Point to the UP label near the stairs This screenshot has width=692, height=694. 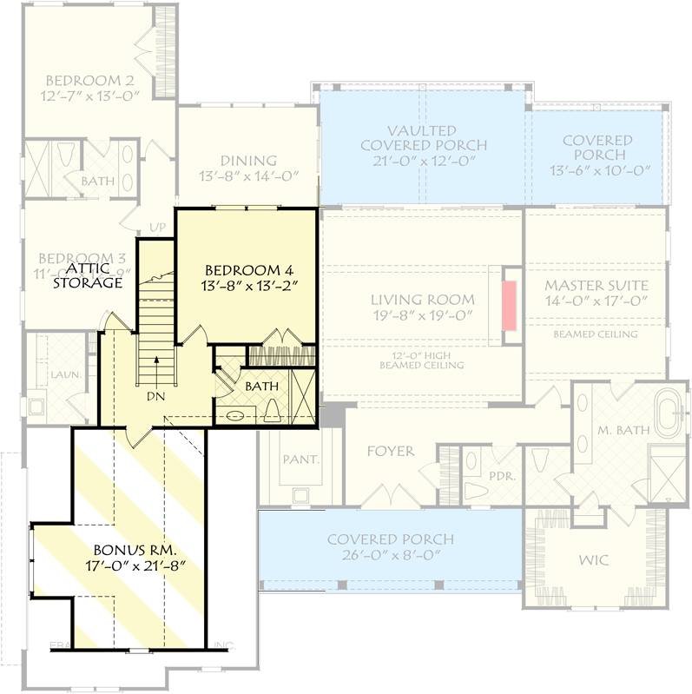(x=158, y=228)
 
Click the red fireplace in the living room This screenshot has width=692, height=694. (x=509, y=305)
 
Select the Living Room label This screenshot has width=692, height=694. (x=421, y=300)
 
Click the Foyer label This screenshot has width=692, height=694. (x=391, y=452)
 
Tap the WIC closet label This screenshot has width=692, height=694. (x=595, y=561)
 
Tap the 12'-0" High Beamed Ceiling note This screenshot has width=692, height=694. (x=421, y=359)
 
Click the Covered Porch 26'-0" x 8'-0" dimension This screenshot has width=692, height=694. (x=390, y=556)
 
